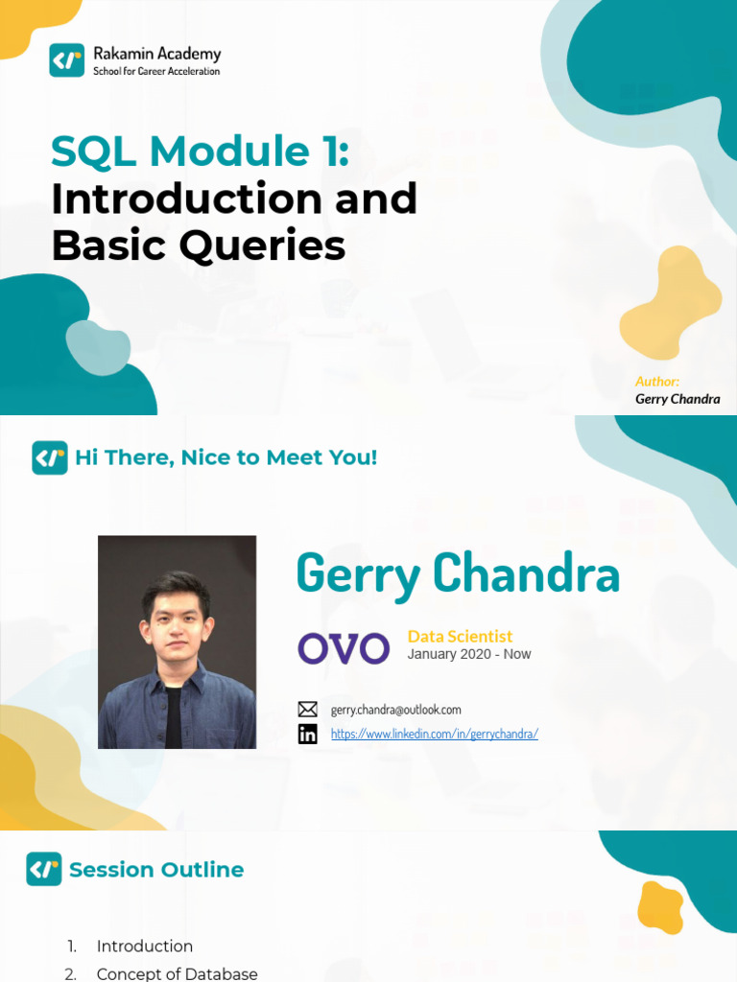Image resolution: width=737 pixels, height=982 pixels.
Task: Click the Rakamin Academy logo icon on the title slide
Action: click(67, 60)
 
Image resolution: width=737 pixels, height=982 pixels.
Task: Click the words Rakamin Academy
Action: click(156, 54)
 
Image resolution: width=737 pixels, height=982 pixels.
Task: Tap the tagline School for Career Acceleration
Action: click(155, 71)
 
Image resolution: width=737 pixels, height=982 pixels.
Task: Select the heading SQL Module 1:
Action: click(200, 152)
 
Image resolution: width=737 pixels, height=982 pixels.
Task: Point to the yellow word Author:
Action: click(657, 381)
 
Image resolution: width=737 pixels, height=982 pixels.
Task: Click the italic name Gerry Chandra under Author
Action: click(678, 399)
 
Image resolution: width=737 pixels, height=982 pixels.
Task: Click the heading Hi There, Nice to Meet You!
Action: click(226, 457)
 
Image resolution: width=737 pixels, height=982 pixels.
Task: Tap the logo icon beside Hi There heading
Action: click(50, 457)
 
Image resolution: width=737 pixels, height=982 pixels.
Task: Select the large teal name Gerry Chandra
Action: click(458, 574)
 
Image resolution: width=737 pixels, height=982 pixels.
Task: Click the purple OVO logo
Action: click(344, 648)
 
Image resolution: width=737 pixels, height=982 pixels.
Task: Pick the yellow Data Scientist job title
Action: click(460, 636)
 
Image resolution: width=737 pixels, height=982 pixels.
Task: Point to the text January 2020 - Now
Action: click(468, 654)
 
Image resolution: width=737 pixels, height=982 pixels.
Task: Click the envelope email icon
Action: click(307, 710)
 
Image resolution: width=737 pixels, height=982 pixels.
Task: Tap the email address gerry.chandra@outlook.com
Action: click(395, 710)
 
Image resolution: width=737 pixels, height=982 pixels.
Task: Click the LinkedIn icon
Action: click(307, 734)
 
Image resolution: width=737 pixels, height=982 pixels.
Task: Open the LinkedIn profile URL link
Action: click(434, 734)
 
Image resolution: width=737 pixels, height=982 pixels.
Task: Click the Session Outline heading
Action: click(156, 870)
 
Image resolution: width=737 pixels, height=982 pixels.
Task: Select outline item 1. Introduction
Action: click(144, 946)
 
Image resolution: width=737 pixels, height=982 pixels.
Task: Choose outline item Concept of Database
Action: click(177, 973)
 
